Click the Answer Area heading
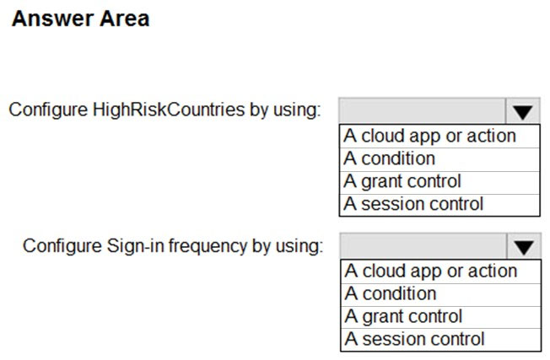[x=81, y=19]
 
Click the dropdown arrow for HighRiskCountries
[x=522, y=111]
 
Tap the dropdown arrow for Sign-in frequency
[x=524, y=246]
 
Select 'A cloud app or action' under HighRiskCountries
[x=429, y=136]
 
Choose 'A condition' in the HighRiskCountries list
[x=390, y=159]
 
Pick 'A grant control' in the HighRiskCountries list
[x=402, y=181]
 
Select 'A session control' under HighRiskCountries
[x=413, y=204]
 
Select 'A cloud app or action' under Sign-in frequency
[x=431, y=271]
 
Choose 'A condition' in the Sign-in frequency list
[x=391, y=293]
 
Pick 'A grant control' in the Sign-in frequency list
[x=403, y=316]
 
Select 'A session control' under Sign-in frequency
[x=414, y=339]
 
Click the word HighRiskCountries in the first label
[x=169, y=110]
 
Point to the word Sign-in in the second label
[x=136, y=245]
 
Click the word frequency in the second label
[x=208, y=245]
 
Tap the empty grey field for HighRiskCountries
[x=423, y=110]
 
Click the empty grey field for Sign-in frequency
[x=423, y=246]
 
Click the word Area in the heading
[x=125, y=19]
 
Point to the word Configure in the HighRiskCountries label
[x=48, y=110]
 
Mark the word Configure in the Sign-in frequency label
[x=62, y=245]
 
